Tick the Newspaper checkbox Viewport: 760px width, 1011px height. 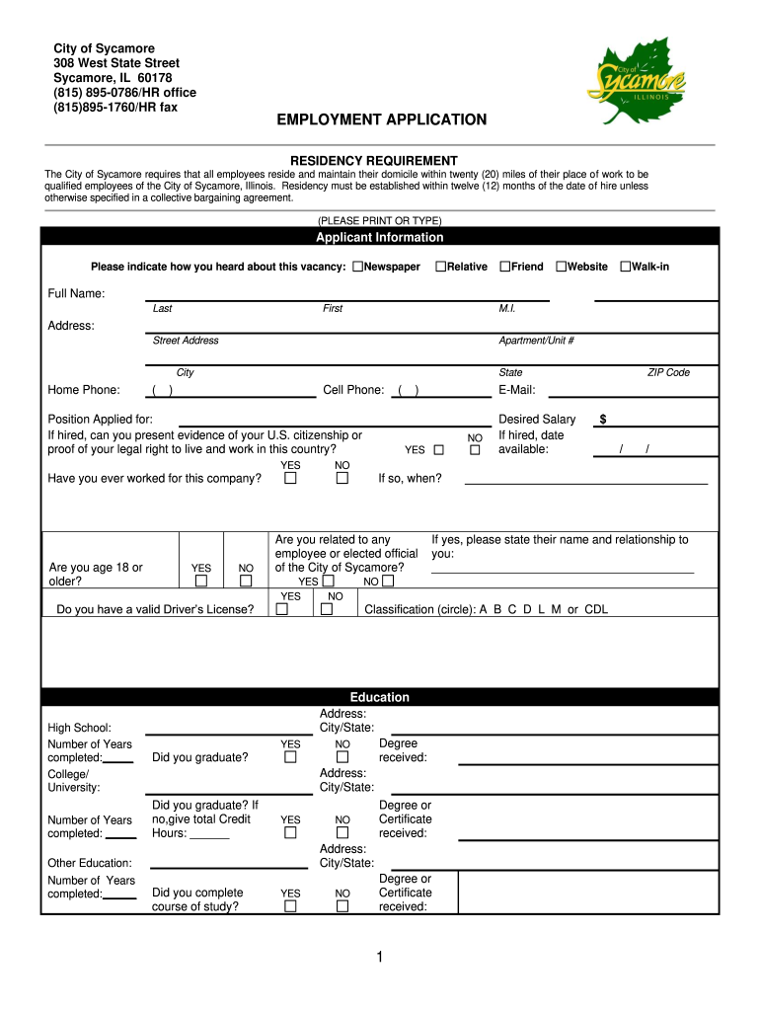click(x=358, y=267)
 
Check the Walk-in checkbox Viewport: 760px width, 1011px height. click(x=625, y=267)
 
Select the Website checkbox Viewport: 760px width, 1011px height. click(x=561, y=267)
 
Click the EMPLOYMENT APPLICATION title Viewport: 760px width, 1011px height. click(x=381, y=119)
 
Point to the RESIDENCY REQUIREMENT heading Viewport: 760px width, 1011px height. click(x=373, y=160)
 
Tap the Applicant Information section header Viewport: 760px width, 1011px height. click(x=379, y=238)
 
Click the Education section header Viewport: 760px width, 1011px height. click(x=379, y=697)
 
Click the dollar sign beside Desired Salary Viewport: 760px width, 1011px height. click(x=603, y=420)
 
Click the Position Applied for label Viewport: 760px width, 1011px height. click(x=101, y=420)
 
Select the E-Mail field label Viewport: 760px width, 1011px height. click(x=517, y=390)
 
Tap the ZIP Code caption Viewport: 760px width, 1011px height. click(x=668, y=372)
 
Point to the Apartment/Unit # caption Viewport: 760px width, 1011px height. click(x=537, y=341)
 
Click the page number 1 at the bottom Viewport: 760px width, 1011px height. click(x=380, y=957)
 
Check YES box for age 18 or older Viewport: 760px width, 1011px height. click(x=201, y=582)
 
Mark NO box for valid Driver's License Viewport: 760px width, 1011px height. click(x=327, y=609)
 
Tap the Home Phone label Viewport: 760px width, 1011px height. click(x=84, y=390)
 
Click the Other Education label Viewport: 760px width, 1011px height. click(x=90, y=863)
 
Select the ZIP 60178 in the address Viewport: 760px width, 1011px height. click(x=156, y=78)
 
